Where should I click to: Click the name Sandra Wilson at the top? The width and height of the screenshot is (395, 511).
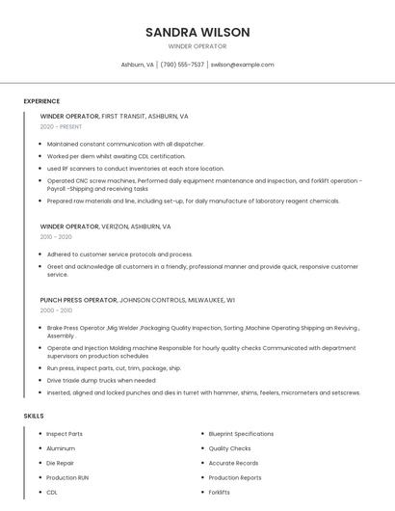(x=197, y=32)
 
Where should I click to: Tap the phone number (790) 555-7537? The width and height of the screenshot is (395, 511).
(x=182, y=65)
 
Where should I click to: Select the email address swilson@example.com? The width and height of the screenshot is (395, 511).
(x=242, y=65)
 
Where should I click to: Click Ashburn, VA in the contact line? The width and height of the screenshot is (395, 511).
(x=137, y=65)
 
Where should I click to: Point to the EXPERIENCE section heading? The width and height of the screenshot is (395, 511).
(x=41, y=101)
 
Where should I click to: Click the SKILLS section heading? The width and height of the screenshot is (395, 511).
(x=34, y=416)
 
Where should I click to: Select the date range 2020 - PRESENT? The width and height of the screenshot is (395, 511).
(x=61, y=126)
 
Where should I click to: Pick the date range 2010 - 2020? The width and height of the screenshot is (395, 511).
(x=56, y=236)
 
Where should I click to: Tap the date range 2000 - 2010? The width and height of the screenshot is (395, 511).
(x=56, y=310)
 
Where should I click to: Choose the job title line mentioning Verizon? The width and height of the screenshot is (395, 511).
(x=105, y=226)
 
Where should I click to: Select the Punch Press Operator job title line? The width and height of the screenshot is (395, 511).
(x=138, y=300)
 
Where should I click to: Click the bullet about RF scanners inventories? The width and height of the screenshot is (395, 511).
(x=135, y=168)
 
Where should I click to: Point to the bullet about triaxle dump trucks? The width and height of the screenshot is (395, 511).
(x=101, y=380)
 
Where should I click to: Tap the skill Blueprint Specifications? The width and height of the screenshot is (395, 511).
(x=241, y=434)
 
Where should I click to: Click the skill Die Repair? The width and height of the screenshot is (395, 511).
(x=60, y=463)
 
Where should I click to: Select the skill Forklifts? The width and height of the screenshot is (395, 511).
(x=220, y=492)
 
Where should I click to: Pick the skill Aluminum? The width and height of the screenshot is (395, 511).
(x=61, y=448)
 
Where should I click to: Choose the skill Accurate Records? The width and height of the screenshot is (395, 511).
(x=233, y=463)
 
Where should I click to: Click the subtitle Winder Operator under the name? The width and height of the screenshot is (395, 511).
(x=197, y=46)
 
